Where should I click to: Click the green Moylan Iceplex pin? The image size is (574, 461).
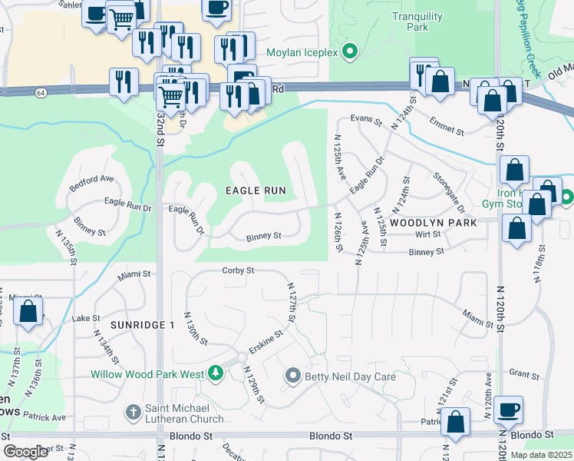(351, 53)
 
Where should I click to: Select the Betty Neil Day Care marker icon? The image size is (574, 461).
(292, 376)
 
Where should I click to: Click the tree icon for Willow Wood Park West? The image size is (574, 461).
(216, 373)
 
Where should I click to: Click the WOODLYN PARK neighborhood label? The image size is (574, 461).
(433, 222)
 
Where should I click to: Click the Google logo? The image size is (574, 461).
(26, 451)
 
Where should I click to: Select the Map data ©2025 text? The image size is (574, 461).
(540, 455)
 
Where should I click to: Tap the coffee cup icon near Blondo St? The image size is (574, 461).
(508, 409)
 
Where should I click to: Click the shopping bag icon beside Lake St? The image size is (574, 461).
(28, 312)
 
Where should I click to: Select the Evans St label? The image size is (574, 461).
(366, 119)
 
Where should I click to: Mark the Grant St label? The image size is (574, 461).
(524, 374)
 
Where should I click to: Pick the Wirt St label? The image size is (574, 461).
(427, 234)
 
